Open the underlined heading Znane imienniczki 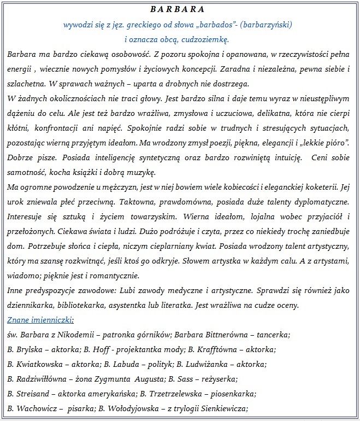click(x=41, y=319)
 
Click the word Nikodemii click(x=81, y=334)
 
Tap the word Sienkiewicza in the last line click(x=225, y=408)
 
